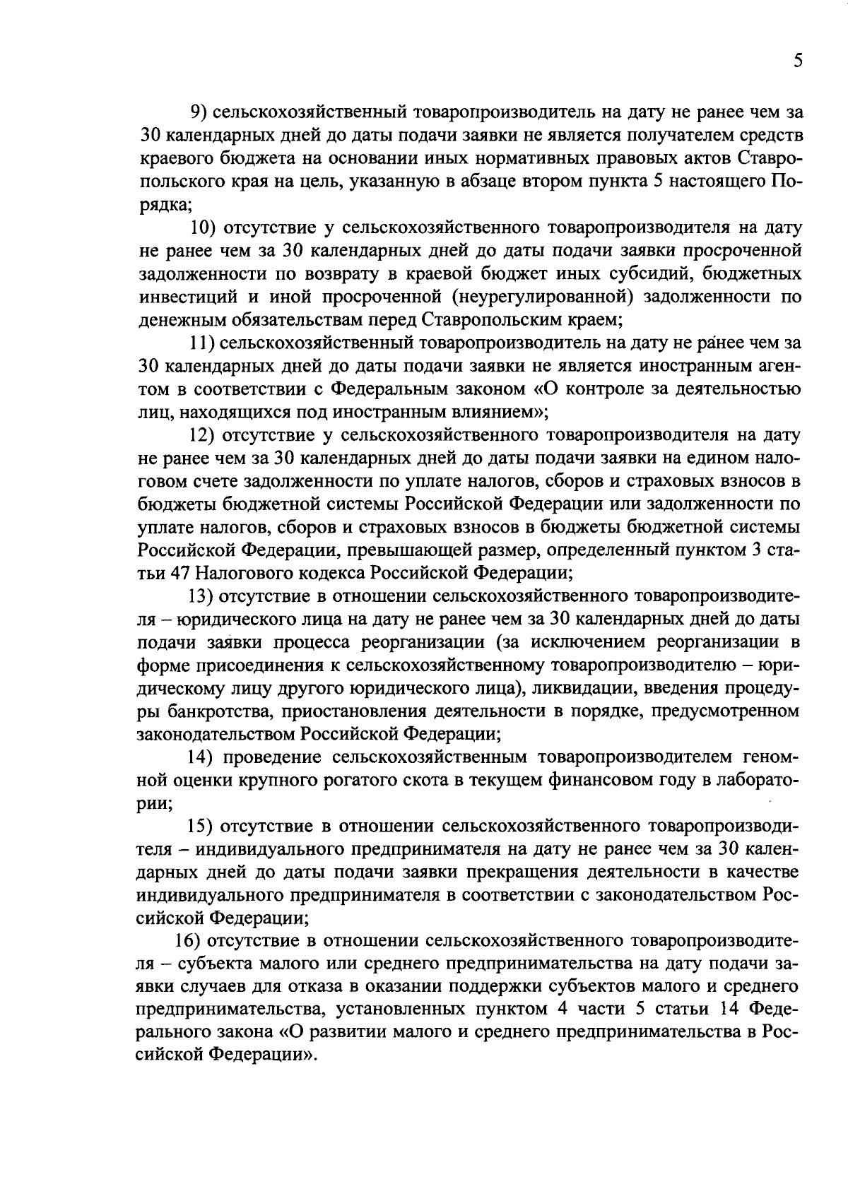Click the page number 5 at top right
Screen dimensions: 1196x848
(797, 61)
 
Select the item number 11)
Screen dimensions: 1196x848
(202, 343)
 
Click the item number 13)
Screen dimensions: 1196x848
(204, 596)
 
